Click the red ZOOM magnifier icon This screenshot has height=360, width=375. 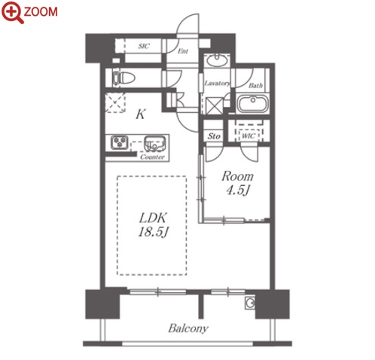coord(13,12)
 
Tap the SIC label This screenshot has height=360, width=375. coord(144,46)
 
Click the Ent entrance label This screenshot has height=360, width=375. coord(183,51)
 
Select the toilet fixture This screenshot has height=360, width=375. coord(123,78)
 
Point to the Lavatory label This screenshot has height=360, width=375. coord(217,83)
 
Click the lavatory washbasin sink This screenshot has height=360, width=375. coord(217,60)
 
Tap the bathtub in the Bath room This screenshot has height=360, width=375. coord(253,103)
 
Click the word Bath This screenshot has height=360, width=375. coord(256,86)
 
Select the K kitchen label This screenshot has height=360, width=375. coord(141,114)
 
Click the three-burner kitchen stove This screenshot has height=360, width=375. coord(120,142)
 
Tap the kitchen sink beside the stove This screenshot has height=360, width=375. coord(154,143)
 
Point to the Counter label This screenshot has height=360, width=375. coord(152,157)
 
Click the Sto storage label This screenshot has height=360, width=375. coord(214,136)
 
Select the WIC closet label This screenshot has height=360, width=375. coord(248,136)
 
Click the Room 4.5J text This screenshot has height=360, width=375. coord(237,183)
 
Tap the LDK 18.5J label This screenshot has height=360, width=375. coord(153,225)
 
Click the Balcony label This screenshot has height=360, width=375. coord(188,328)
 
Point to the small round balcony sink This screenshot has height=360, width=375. coord(250,303)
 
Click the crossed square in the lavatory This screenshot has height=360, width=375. coord(214,106)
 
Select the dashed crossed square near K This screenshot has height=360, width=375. coord(115,102)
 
